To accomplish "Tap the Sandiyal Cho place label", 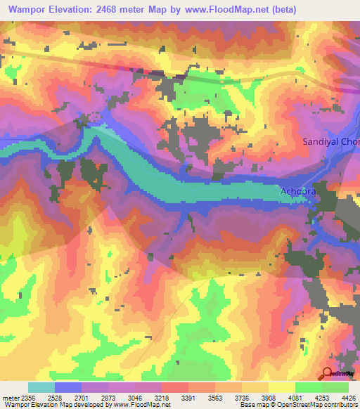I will point(330,141).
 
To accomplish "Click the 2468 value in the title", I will point(124,10).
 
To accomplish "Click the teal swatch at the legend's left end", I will point(41,387).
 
